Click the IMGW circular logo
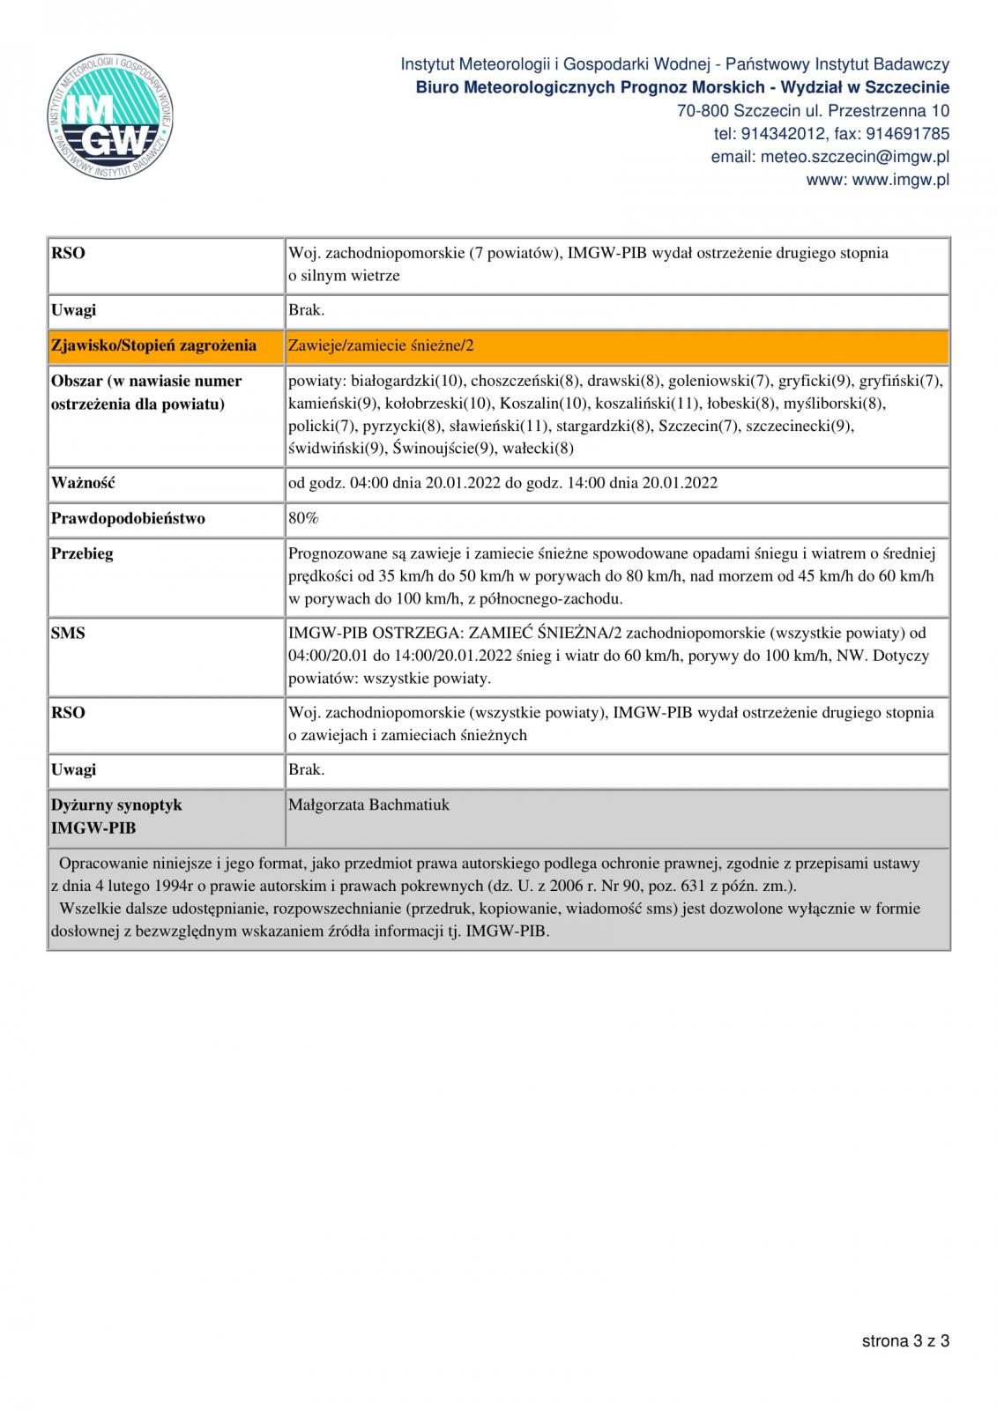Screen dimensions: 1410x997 tap(110, 117)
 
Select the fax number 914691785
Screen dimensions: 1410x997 tap(908, 134)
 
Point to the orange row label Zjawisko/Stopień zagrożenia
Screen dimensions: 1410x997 tap(153, 345)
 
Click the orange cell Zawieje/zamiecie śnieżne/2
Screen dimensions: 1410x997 tap(381, 345)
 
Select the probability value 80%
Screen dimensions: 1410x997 tap(303, 518)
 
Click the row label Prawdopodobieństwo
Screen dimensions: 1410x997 tap(128, 518)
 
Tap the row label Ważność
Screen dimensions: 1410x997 tap(84, 483)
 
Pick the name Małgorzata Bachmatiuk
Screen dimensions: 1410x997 tap(368, 805)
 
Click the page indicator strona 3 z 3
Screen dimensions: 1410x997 tap(905, 1341)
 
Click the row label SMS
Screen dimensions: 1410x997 tap(68, 633)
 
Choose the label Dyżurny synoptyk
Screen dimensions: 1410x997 tap(116, 805)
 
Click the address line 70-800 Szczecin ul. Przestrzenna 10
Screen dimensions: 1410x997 tap(813, 111)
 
